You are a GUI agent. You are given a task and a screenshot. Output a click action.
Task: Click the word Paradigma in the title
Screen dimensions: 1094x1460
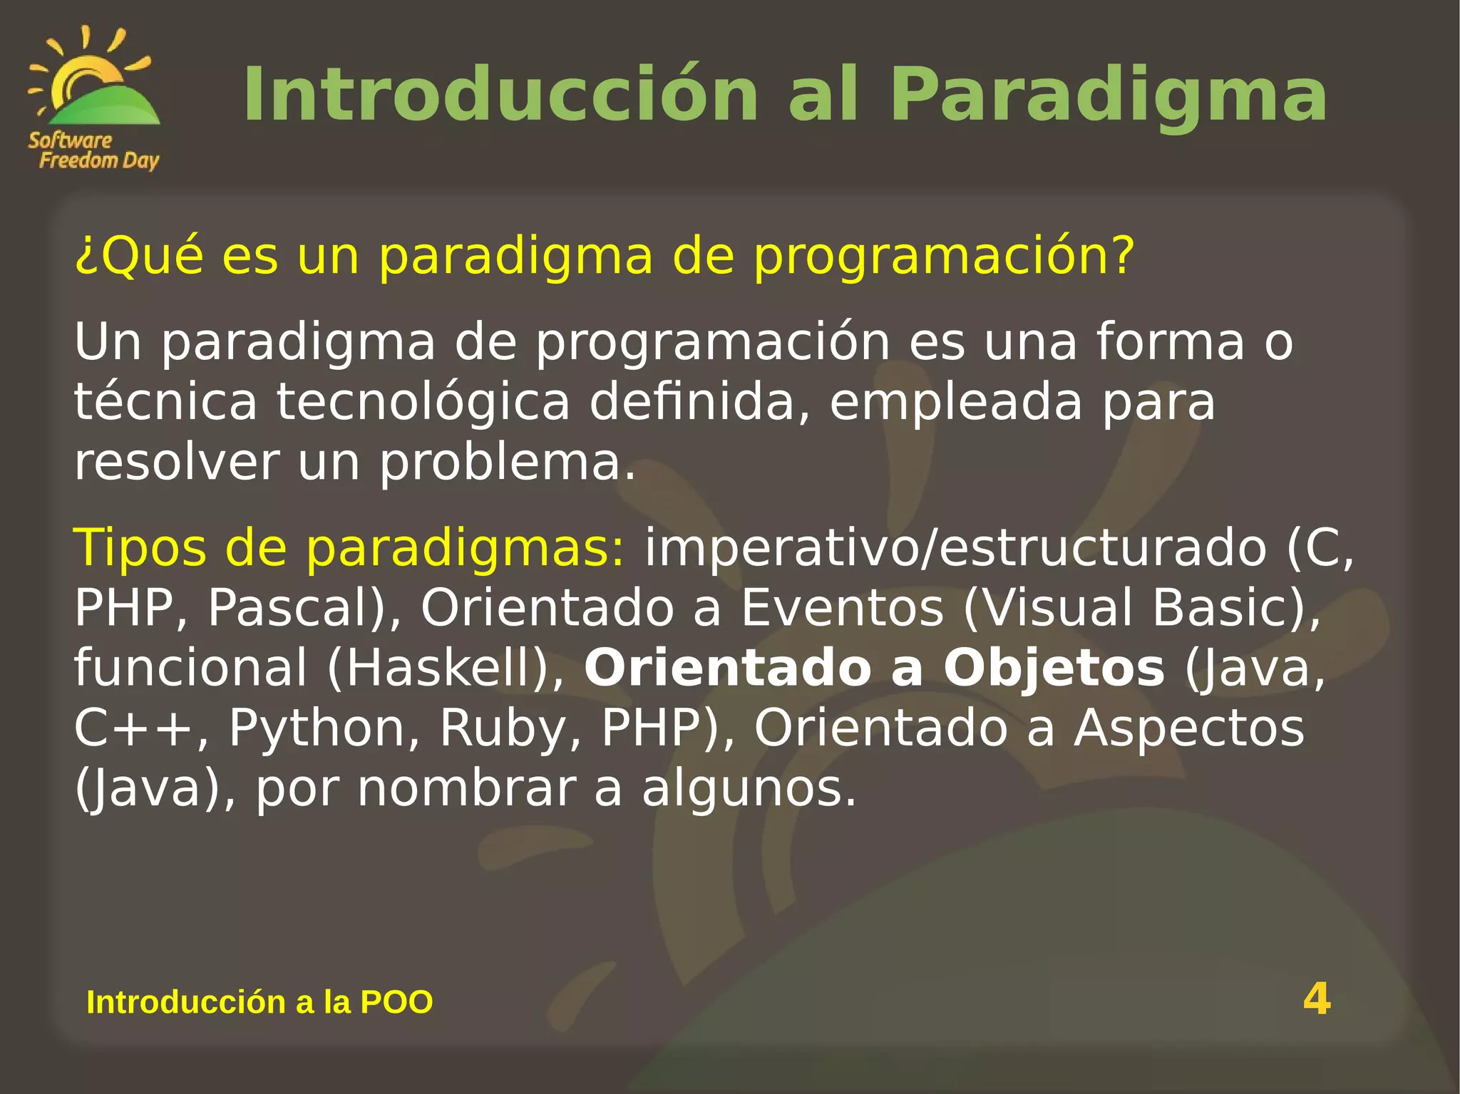point(1108,95)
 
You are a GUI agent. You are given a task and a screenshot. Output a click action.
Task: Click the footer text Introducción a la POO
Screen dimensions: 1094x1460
point(259,1002)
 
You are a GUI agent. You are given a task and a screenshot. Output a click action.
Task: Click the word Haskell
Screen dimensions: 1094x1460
point(438,668)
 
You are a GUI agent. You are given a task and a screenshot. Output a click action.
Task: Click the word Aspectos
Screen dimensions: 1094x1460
point(1189,728)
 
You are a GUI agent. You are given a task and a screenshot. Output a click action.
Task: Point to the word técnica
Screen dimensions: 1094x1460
point(165,402)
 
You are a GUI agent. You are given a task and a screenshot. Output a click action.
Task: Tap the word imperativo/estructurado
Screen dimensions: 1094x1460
point(955,548)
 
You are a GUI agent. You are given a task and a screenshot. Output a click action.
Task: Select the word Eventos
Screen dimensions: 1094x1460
point(842,608)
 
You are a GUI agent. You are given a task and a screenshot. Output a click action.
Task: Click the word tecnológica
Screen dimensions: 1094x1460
point(423,402)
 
